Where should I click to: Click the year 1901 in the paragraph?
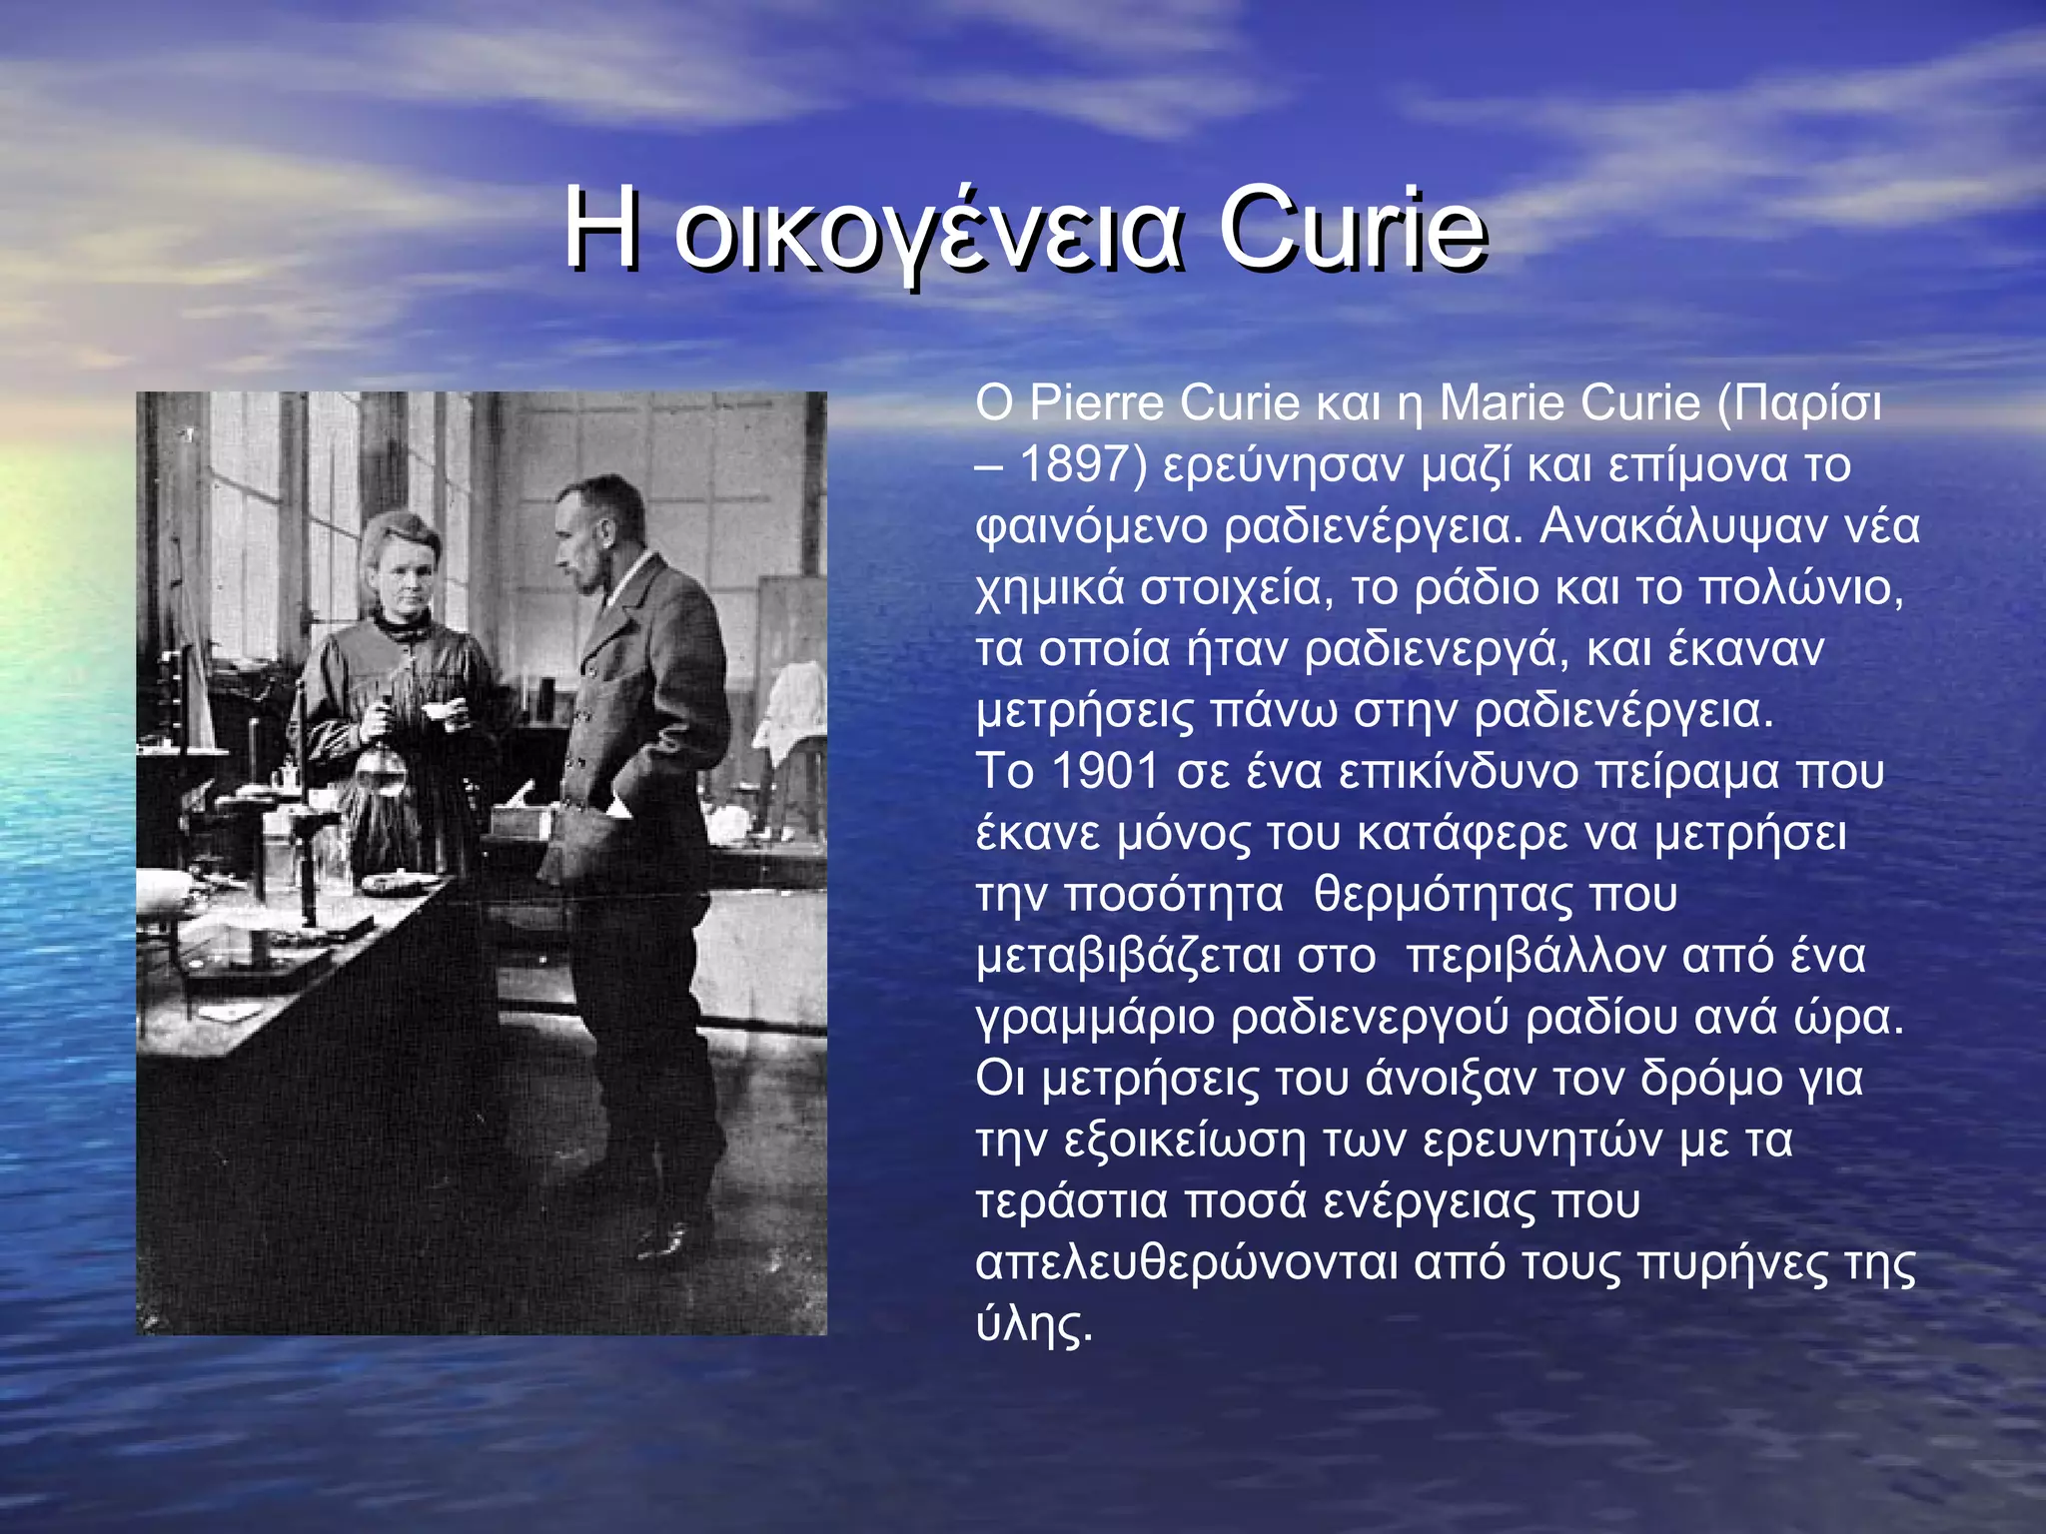point(1104,772)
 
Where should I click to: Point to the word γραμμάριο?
point(1096,1019)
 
